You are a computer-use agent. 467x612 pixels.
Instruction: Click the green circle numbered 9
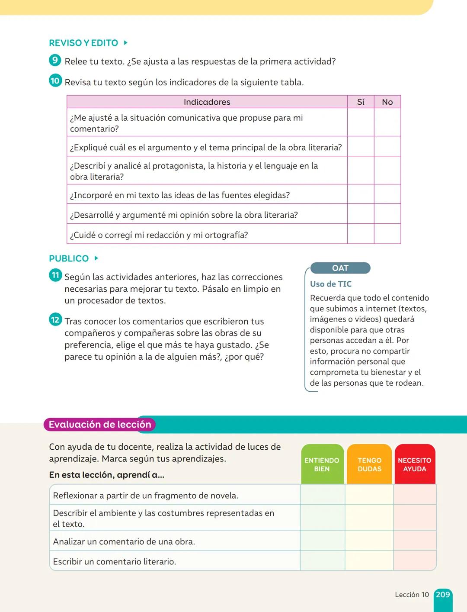(x=55, y=60)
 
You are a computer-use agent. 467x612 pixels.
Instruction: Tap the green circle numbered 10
(x=55, y=81)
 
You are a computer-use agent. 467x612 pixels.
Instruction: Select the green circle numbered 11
(x=55, y=275)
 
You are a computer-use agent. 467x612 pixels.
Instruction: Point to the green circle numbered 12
(x=55, y=320)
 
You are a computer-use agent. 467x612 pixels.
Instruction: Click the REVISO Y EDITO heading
(x=83, y=43)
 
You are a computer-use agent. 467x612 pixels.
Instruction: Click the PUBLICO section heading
(x=69, y=259)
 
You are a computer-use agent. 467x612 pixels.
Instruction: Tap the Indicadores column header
(x=207, y=102)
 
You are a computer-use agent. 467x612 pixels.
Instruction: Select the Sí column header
(x=361, y=102)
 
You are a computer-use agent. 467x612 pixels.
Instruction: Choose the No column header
(x=387, y=102)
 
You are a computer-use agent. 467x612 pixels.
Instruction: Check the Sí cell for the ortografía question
(x=361, y=234)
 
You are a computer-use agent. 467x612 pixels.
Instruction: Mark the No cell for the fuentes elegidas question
(x=387, y=194)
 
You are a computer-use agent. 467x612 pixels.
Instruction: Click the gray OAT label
(x=340, y=268)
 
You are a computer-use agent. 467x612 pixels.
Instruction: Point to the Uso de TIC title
(x=331, y=284)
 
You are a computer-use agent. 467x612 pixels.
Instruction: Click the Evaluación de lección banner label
(x=100, y=425)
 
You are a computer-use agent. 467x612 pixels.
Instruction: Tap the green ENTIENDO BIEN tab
(x=322, y=464)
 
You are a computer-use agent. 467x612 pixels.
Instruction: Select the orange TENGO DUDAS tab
(x=369, y=464)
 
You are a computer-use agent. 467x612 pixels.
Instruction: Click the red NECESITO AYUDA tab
(x=414, y=464)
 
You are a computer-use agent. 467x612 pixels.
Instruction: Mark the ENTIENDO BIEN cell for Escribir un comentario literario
(x=323, y=561)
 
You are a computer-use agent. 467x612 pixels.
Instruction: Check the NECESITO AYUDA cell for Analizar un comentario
(x=415, y=541)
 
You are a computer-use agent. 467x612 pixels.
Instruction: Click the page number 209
(x=443, y=595)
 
